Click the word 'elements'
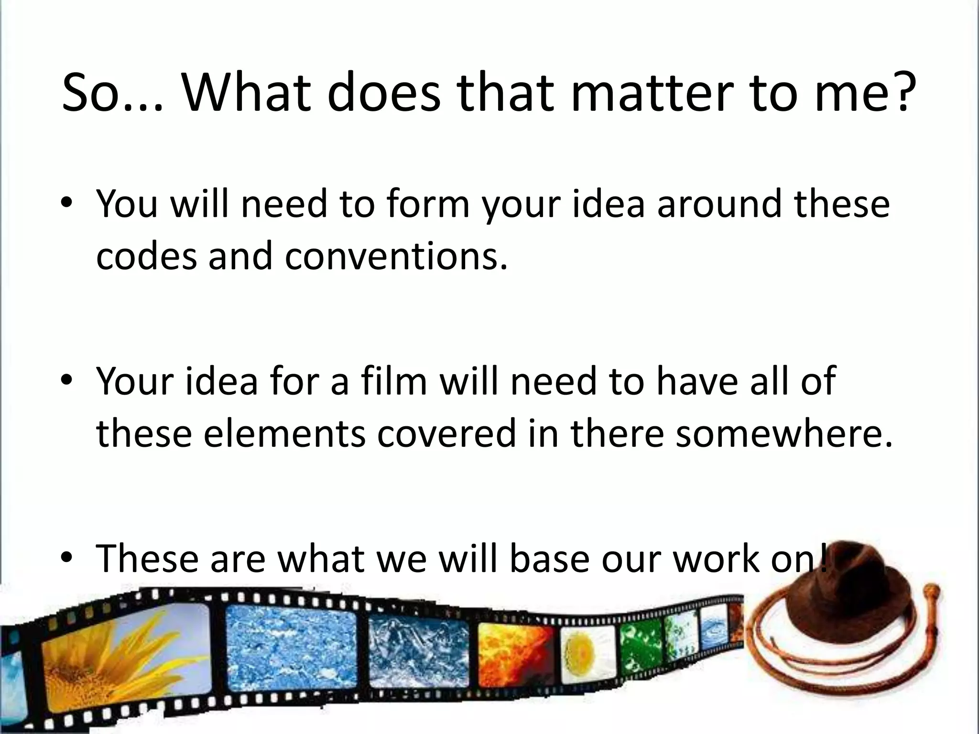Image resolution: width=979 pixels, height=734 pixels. (285, 433)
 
